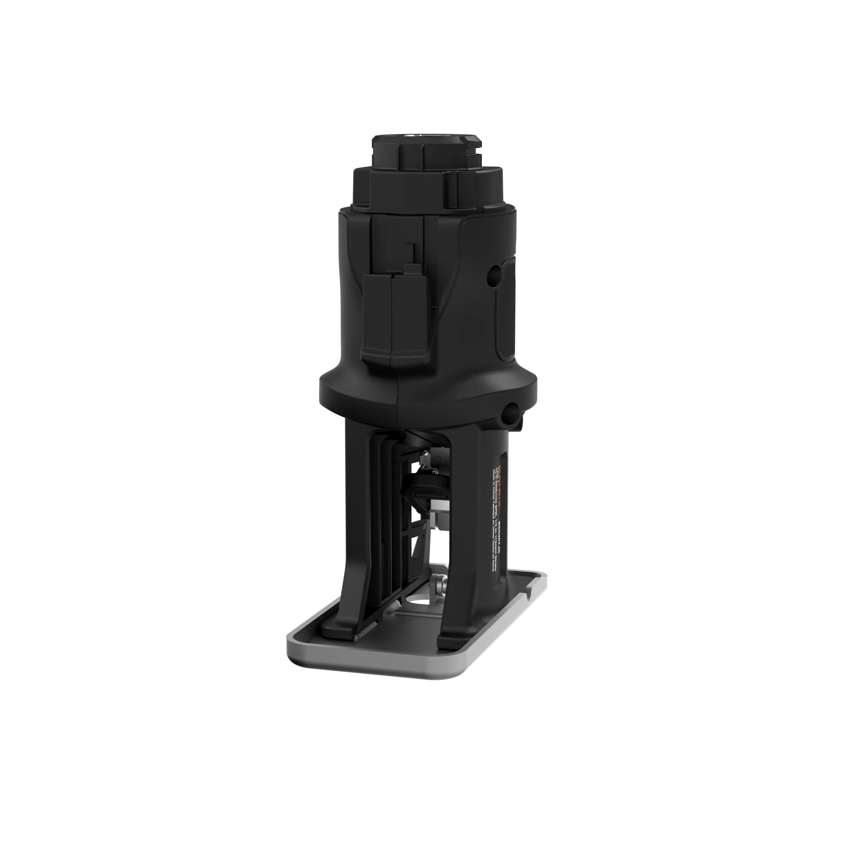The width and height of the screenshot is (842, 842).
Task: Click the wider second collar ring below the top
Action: click(x=408, y=190)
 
